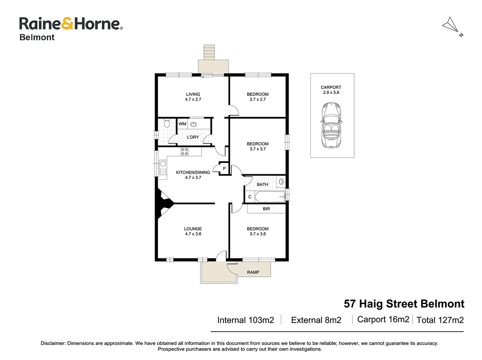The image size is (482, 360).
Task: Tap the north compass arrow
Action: pos(451,25)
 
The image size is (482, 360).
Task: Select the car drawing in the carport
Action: pos(331,125)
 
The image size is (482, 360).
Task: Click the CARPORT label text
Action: pos(331,87)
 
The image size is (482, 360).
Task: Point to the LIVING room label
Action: pos(193,94)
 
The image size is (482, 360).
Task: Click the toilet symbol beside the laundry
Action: pos(167,123)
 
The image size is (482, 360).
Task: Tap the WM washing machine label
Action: pos(182,124)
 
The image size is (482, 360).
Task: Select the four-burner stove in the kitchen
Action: pos(184,152)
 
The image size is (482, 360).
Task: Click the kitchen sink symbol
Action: pos(163,168)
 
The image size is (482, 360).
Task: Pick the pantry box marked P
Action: pos(224,168)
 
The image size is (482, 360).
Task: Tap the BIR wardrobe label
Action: pos(266,209)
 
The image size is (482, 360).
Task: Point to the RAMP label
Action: pos(253,272)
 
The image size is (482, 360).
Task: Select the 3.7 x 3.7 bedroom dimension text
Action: pos(258,149)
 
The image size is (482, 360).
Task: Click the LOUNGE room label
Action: pos(193,229)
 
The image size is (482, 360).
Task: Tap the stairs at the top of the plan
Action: pos(209,52)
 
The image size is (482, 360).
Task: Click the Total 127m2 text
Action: pos(440,320)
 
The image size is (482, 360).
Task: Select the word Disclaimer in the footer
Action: pos(53,343)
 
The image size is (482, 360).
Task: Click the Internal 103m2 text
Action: pos(246,320)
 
